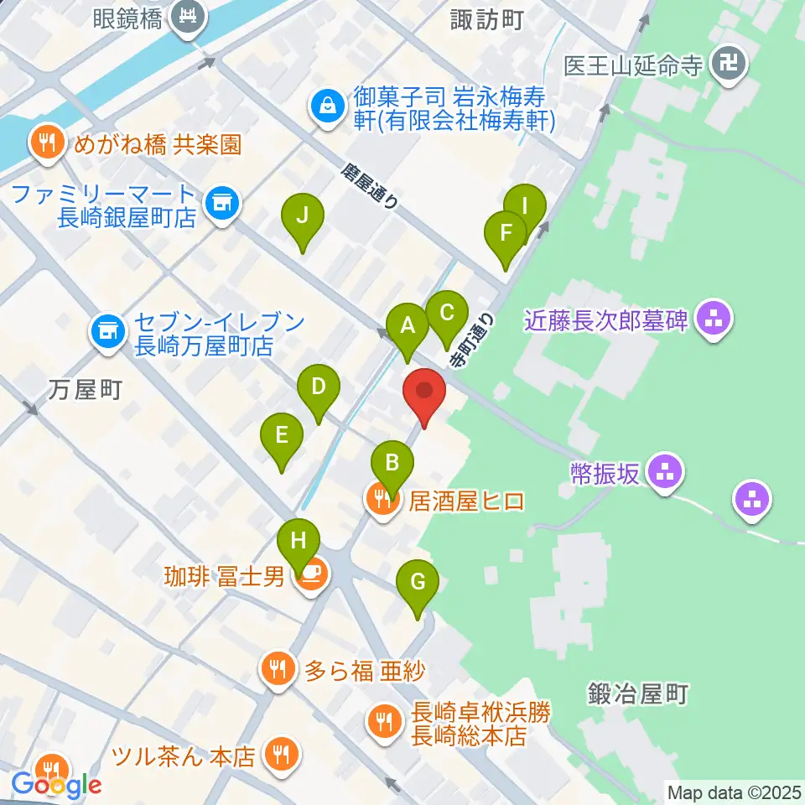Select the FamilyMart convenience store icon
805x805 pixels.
coord(222,202)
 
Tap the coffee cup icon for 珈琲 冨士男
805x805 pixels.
coord(311,576)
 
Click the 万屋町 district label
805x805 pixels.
coord(86,389)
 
